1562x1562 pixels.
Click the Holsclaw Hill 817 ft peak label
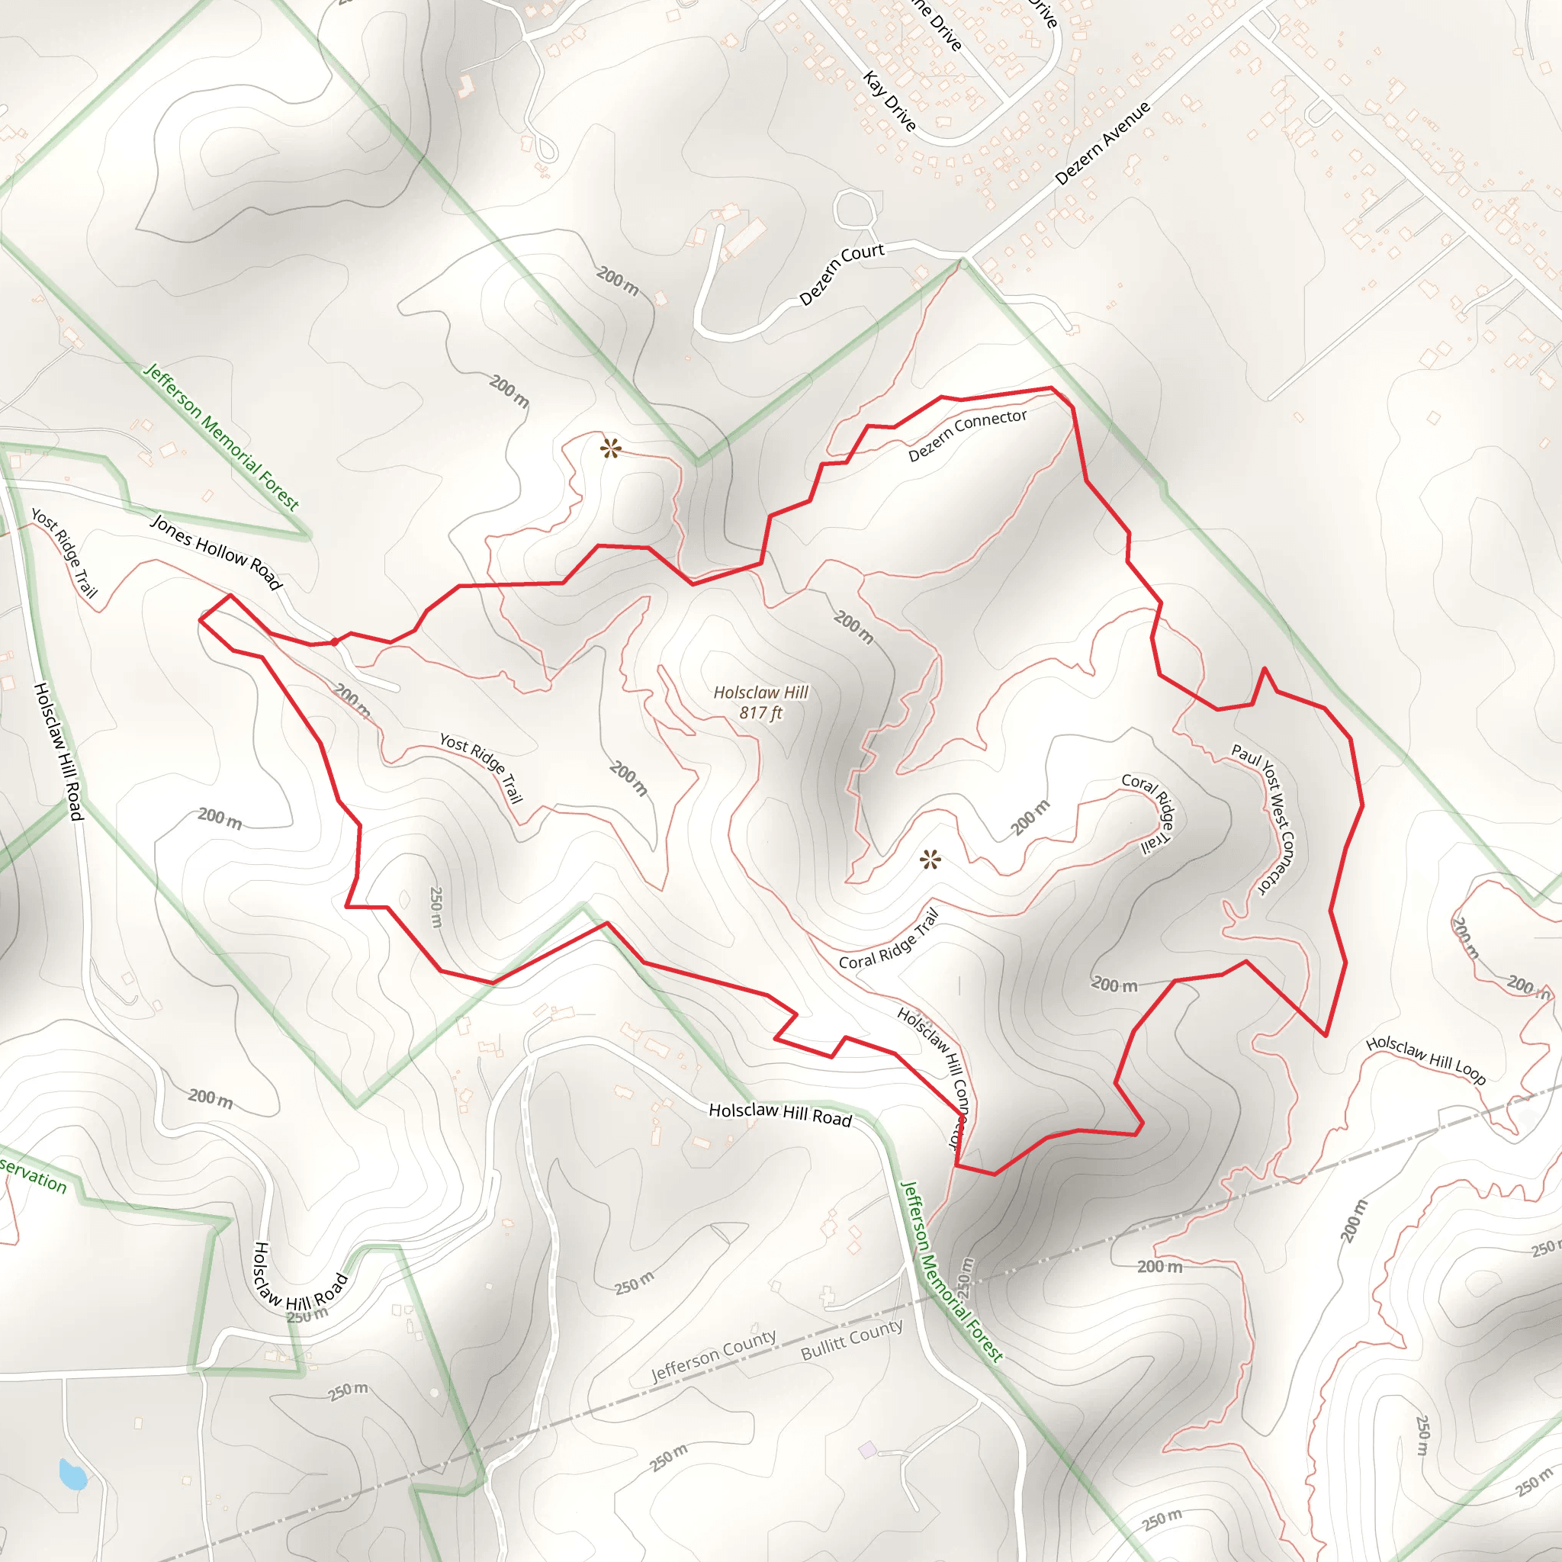point(760,702)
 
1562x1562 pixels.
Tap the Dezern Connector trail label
point(967,435)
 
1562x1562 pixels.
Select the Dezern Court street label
point(842,273)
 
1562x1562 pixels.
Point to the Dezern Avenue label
point(1102,143)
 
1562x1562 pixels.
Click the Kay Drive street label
point(889,101)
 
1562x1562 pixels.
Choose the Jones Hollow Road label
point(216,551)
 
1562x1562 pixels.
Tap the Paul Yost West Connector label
point(1263,818)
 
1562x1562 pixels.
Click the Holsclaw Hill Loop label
point(1425,1060)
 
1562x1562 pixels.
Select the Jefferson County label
point(714,1356)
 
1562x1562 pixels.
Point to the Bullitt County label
point(852,1339)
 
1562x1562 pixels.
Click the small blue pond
point(72,1475)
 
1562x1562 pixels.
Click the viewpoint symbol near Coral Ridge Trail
point(930,860)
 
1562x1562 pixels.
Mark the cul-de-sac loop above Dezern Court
point(853,210)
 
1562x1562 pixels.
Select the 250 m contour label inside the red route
point(435,907)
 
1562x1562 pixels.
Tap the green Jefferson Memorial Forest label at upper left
point(220,436)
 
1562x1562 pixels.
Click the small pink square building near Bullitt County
point(866,1450)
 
